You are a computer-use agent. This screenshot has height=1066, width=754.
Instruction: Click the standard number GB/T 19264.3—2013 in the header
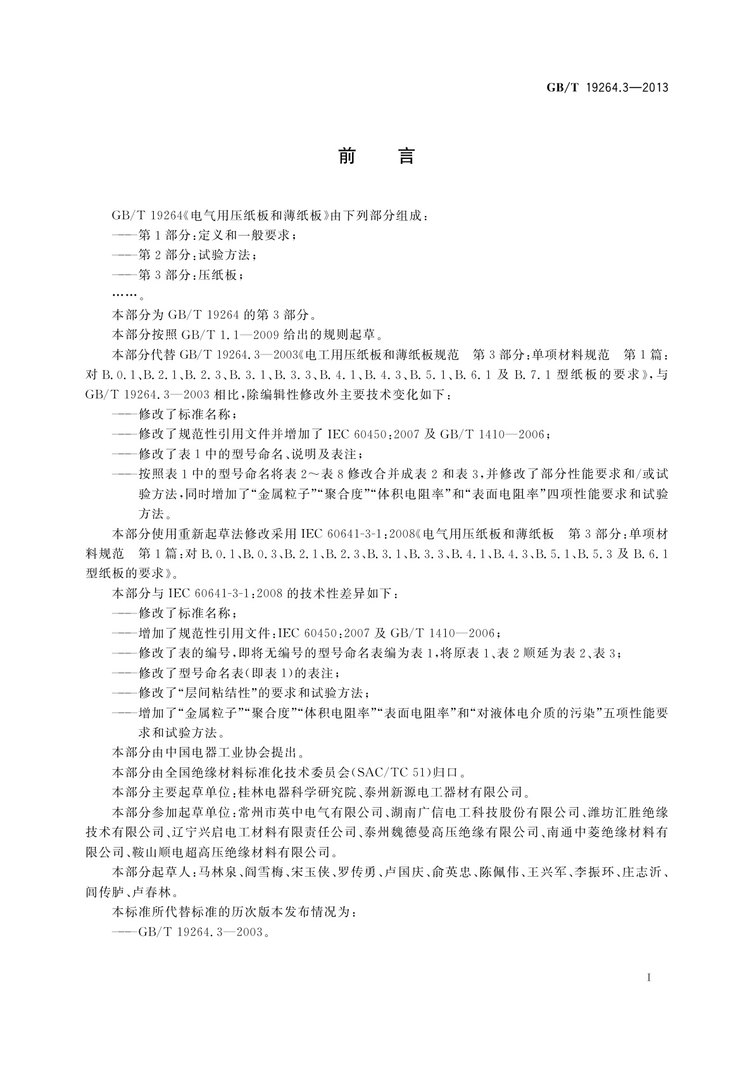pyautogui.click(x=607, y=88)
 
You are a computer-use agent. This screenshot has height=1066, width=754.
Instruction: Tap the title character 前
pyautogui.click(x=347, y=156)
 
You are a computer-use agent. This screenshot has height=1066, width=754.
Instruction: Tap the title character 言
pyautogui.click(x=406, y=156)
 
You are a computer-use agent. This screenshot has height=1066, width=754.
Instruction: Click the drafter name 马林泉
pyautogui.click(x=218, y=872)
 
